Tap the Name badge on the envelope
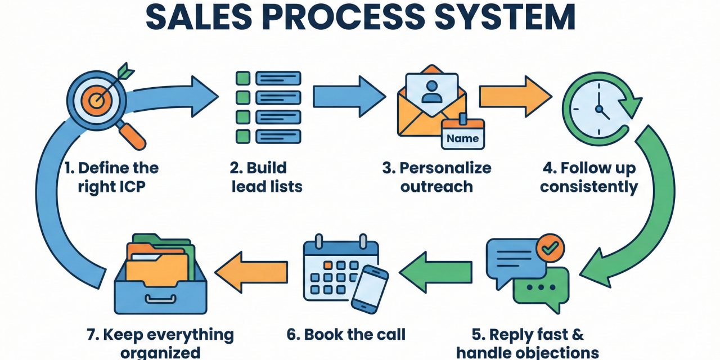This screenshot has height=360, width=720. point(462,137)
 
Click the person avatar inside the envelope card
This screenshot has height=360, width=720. point(431,91)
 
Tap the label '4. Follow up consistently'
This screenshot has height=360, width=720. point(589,177)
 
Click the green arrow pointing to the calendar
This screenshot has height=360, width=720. point(435,272)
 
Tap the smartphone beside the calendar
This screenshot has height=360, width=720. point(370,288)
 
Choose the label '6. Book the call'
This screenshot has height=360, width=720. point(346,334)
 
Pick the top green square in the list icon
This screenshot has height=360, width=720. point(242,78)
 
